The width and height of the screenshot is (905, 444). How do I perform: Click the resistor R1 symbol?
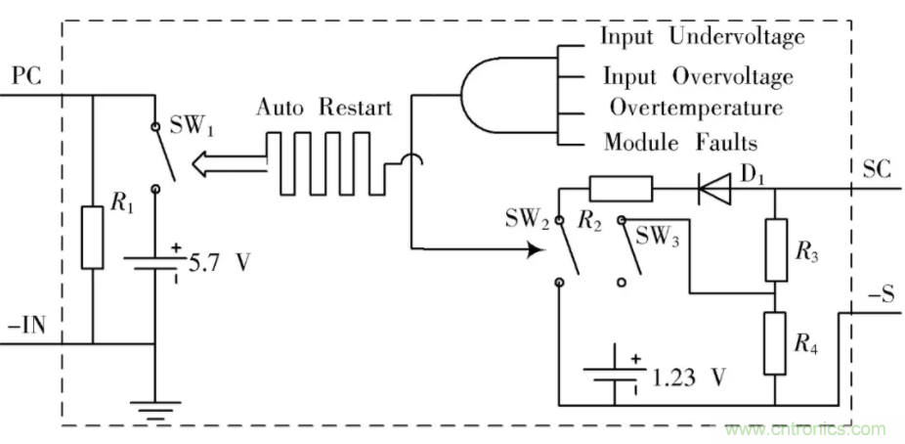tap(92, 237)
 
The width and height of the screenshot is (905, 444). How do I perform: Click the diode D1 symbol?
tap(712, 190)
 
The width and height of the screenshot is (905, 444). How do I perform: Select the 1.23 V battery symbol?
tap(614, 374)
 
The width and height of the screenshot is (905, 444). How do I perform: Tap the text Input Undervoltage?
tap(702, 37)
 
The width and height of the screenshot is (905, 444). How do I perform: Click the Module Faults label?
tap(680, 143)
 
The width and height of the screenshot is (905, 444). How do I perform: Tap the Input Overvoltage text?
tap(697, 75)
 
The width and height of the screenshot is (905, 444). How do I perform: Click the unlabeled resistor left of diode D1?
tap(622, 189)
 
